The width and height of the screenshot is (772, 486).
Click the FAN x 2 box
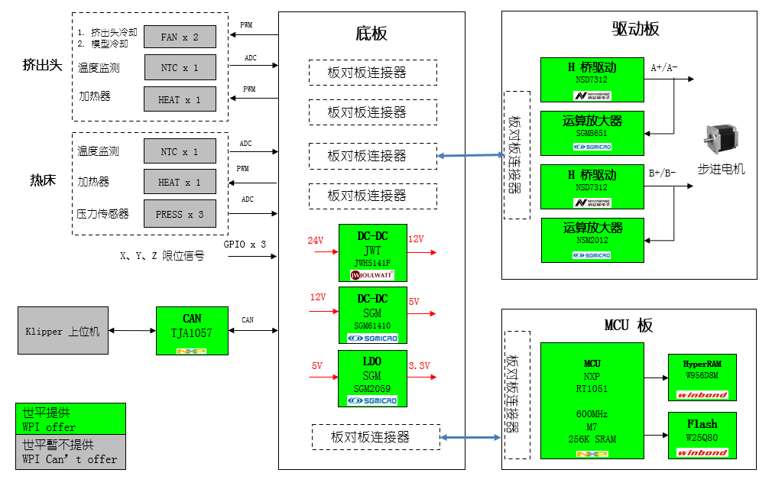pyautogui.click(x=180, y=37)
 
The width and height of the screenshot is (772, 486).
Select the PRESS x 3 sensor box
pyautogui.click(x=180, y=214)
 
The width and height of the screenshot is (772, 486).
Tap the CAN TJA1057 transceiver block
pyautogui.click(x=192, y=331)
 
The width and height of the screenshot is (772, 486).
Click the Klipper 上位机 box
pyautogui.click(x=63, y=331)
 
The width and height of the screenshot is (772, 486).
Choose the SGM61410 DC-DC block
pyautogui.click(x=372, y=315)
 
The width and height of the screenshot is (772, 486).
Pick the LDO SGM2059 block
pyautogui.click(x=372, y=378)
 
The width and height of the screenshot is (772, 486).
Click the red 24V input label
pyautogui.click(x=316, y=241)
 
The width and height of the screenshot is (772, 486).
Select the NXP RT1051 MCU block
pyautogui.click(x=592, y=400)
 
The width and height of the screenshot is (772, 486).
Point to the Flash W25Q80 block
pyautogui.click(x=702, y=435)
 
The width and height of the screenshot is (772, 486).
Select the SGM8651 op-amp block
pyautogui.click(x=592, y=131)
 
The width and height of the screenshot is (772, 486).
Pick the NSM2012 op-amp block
pyautogui.click(x=592, y=239)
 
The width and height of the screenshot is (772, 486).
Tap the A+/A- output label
pyautogui.click(x=663, y=68)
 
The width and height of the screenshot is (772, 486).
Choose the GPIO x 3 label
pyautogui.click(x=245, y=245)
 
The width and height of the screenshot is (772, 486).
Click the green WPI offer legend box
pyautogui.click(x=70, y=420)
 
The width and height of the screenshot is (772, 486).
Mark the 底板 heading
pyautogui.click(x=371, y=34)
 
